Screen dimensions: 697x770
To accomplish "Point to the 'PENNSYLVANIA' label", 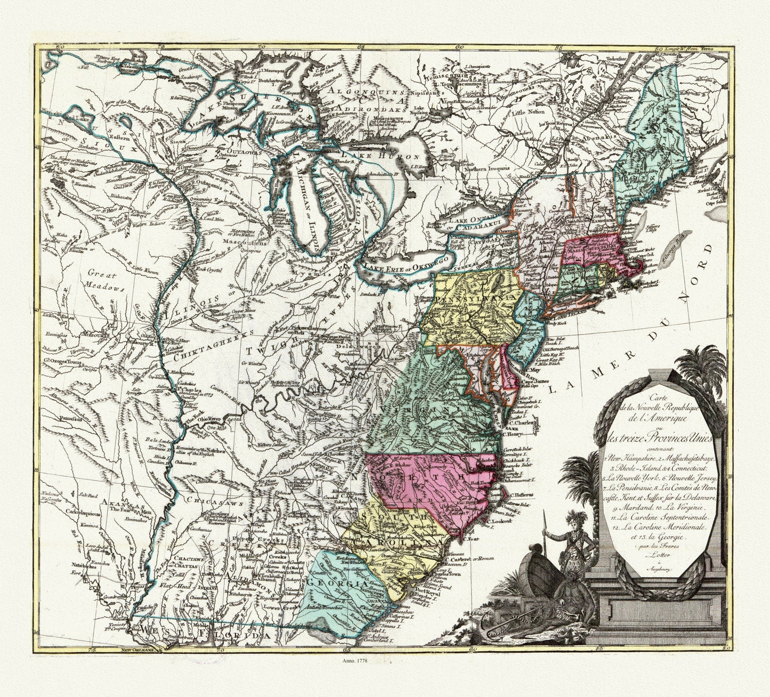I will [x=469, y=299].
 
